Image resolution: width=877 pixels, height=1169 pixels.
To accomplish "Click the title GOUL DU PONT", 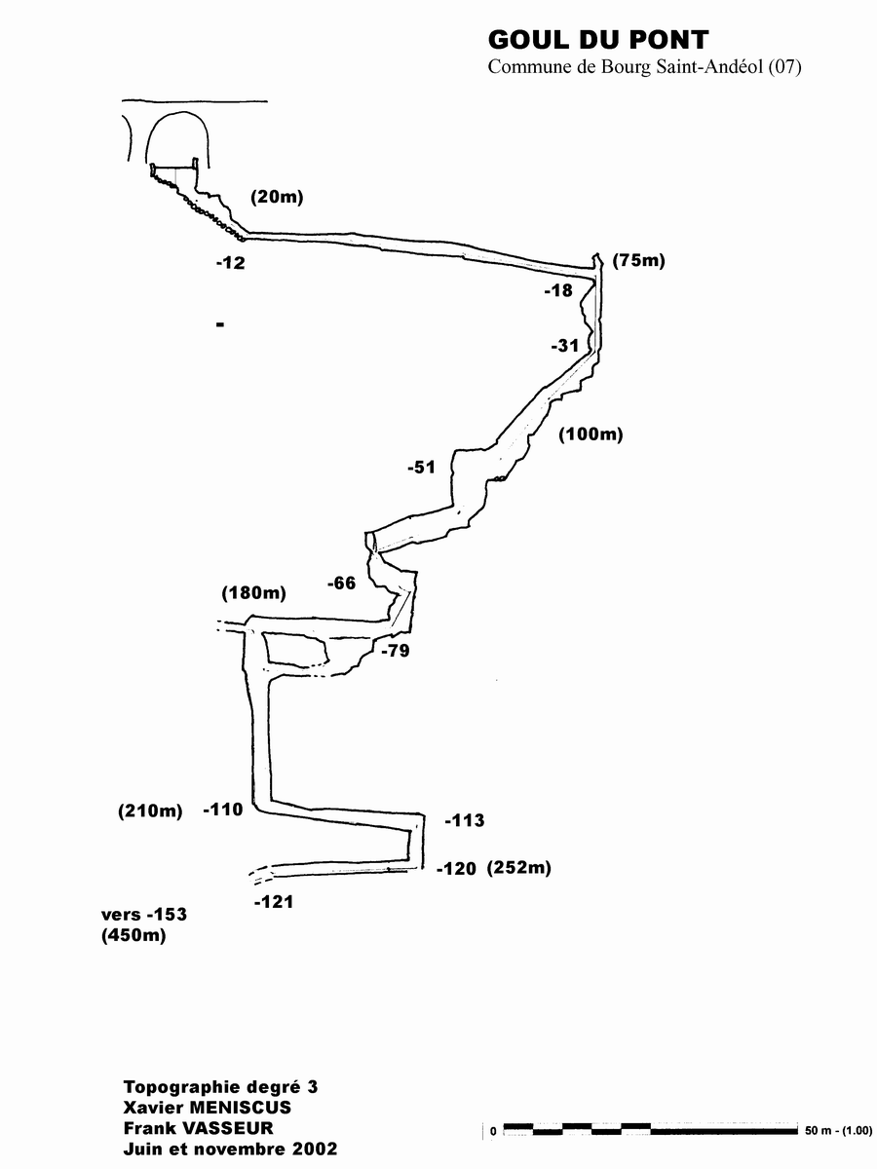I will click(597, 40).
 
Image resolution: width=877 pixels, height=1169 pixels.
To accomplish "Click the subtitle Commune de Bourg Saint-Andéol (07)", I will click(643, 67).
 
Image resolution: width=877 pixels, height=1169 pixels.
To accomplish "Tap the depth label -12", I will click(232, 263).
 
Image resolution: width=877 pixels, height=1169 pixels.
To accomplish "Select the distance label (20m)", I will click(277, 197).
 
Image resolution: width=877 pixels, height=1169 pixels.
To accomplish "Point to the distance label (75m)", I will click(638, 260).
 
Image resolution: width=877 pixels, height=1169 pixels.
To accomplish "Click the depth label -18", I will click(558, 290).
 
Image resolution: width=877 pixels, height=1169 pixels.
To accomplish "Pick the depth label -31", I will click(564, 346).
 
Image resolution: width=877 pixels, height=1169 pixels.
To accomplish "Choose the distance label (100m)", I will click(590, 434).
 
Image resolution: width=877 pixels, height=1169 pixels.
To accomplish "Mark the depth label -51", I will click(421, 468).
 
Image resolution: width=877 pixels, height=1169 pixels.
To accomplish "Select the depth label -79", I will click(395, 651).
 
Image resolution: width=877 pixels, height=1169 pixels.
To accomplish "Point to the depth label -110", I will click(223, 810).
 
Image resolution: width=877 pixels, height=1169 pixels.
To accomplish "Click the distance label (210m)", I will click(150, 811).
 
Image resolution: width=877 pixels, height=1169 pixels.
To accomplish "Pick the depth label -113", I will click(464, 821).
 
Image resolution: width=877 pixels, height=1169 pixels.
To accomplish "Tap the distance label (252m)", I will click(519, 868).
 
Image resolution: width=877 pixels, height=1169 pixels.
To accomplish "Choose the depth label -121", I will click(273, 903).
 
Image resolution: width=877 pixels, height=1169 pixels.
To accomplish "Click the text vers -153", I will click(143, 915).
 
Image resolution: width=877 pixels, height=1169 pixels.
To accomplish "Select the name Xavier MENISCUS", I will click(208, 1108).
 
